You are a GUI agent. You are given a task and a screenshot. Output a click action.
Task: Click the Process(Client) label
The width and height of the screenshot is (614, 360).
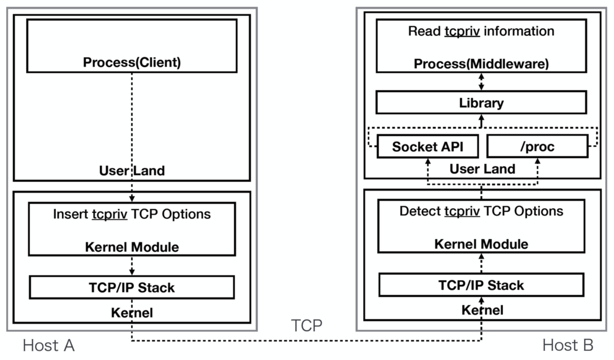click(132, 62)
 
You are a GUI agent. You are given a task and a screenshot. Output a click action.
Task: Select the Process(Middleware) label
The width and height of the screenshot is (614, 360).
click(481, 64)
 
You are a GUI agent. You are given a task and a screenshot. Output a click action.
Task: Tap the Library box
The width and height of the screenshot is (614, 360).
click(481, 102)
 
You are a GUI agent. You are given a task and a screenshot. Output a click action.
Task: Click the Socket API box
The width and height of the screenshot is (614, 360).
click(427, 146)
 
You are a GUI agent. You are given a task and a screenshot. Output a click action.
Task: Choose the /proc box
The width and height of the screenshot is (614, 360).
click(537, 146)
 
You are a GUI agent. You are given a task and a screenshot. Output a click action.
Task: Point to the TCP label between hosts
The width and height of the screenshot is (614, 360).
click(307, 326)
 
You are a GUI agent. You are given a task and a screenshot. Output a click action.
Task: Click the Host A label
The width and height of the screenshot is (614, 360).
click(49, 345)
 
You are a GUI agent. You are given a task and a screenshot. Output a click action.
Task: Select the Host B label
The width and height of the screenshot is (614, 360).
click(568, 345)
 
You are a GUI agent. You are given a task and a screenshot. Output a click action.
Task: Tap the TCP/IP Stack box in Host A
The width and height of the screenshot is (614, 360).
click(132, 287)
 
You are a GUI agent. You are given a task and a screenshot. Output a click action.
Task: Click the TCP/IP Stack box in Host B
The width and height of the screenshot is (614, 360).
click(481, 285)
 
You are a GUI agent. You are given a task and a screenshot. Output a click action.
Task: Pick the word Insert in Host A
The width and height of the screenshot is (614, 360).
click(70, 214)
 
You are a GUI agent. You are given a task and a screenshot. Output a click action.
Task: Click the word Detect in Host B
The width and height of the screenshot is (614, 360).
click(420, 211)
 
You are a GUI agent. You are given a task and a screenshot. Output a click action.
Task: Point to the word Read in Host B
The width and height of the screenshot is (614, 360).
click(424, 31)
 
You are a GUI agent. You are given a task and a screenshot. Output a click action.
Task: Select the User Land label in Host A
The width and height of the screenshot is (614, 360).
click(132, 171)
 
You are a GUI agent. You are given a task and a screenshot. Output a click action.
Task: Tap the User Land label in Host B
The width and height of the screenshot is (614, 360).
click(482, 169)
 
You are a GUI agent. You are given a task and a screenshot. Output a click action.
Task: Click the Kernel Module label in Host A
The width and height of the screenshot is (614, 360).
click(132, 247)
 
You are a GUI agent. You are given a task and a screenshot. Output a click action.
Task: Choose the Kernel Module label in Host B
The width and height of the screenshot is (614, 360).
click(481, 244)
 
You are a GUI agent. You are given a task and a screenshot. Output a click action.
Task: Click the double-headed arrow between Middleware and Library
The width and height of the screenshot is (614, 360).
click(481, 82)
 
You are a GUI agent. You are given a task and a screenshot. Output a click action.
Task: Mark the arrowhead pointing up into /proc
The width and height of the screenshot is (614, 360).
click(537, 161)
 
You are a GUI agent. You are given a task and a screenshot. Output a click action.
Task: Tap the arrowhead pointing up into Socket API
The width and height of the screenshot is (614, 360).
click(428, 161)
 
